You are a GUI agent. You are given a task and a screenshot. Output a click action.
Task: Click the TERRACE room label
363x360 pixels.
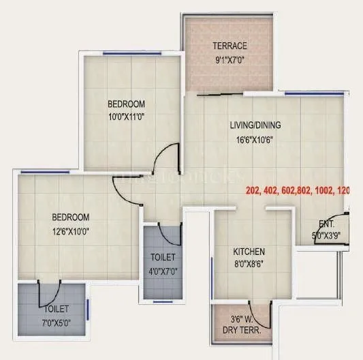(229, 46)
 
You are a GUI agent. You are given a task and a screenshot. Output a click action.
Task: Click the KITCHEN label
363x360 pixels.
(249, 252)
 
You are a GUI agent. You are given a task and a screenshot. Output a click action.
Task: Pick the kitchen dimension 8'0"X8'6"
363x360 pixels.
(249, 264)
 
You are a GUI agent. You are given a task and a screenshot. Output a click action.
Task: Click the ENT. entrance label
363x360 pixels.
(326, 224)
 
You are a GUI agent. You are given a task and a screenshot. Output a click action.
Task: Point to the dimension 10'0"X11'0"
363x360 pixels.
(126, 116)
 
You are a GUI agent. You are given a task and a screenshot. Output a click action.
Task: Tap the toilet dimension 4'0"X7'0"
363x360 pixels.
(163, 269)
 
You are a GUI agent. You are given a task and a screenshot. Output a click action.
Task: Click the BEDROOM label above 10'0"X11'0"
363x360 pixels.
(126, 104)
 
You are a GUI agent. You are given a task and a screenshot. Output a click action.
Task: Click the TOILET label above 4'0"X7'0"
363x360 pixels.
(163, 257)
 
